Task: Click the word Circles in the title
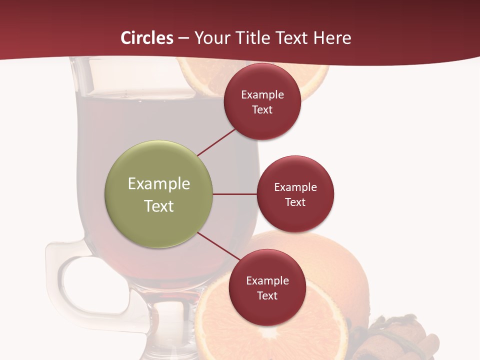147,37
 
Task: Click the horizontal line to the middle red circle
235,194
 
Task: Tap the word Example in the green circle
159,184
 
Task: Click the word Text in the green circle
159,206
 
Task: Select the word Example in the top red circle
262,95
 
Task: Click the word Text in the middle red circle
295,202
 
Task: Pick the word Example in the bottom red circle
267,281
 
